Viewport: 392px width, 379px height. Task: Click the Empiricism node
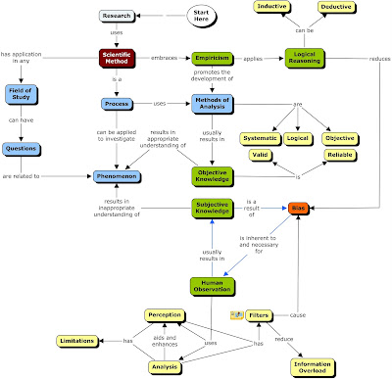click(211, 59)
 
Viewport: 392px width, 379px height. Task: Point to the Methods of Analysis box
click(211, 104)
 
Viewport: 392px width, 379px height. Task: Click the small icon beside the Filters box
click(235, 315)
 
